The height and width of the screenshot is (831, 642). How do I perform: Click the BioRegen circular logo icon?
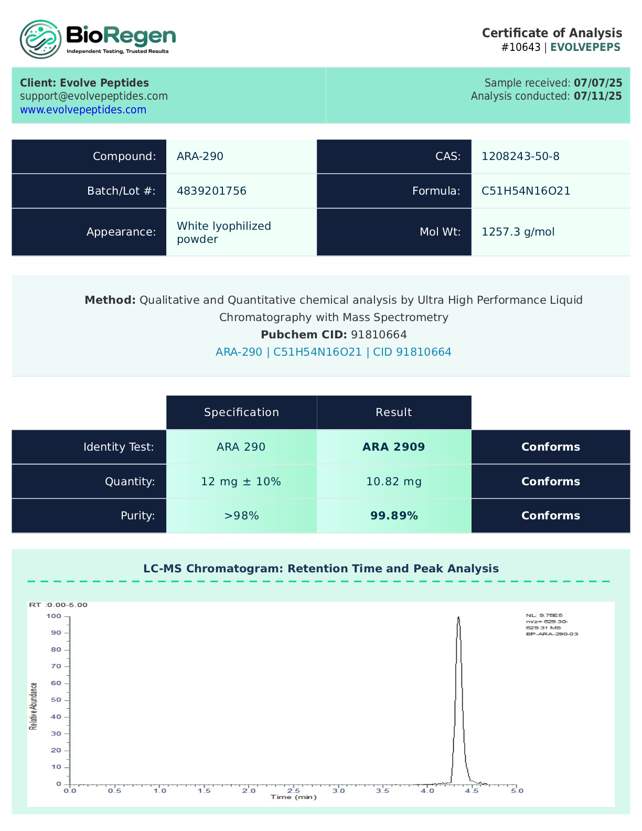[40, 39]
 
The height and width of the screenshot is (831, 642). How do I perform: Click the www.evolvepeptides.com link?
[83, 110]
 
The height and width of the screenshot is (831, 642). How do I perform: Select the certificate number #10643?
[520, 47]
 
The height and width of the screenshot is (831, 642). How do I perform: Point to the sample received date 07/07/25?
[598, 83]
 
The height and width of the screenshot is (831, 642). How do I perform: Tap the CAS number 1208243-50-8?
[520, 156]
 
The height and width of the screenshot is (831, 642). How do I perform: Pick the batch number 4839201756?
[211, 191]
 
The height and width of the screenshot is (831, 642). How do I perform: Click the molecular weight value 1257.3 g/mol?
[518, 232]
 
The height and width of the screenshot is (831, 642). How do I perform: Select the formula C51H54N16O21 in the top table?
[526, 191]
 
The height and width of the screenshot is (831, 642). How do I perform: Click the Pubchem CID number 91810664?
[379, 335]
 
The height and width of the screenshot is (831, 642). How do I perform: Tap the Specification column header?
[241, 412]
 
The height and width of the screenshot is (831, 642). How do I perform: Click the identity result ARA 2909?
[393, 447]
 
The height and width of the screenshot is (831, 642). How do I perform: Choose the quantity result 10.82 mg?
[393, 482]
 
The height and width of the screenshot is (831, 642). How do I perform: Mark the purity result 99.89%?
[393, 516]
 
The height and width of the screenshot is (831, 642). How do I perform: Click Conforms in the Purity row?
[550, 516]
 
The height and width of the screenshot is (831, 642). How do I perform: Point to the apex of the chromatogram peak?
[458, 617]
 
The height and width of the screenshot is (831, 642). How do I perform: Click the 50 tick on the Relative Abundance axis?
[56, 700]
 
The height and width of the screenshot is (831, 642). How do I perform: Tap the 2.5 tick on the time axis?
[294, 791]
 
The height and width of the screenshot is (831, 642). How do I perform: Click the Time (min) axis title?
[294, 797]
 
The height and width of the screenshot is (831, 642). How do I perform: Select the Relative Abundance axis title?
[34, 706]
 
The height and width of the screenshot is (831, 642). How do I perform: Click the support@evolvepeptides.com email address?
[94, 96]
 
